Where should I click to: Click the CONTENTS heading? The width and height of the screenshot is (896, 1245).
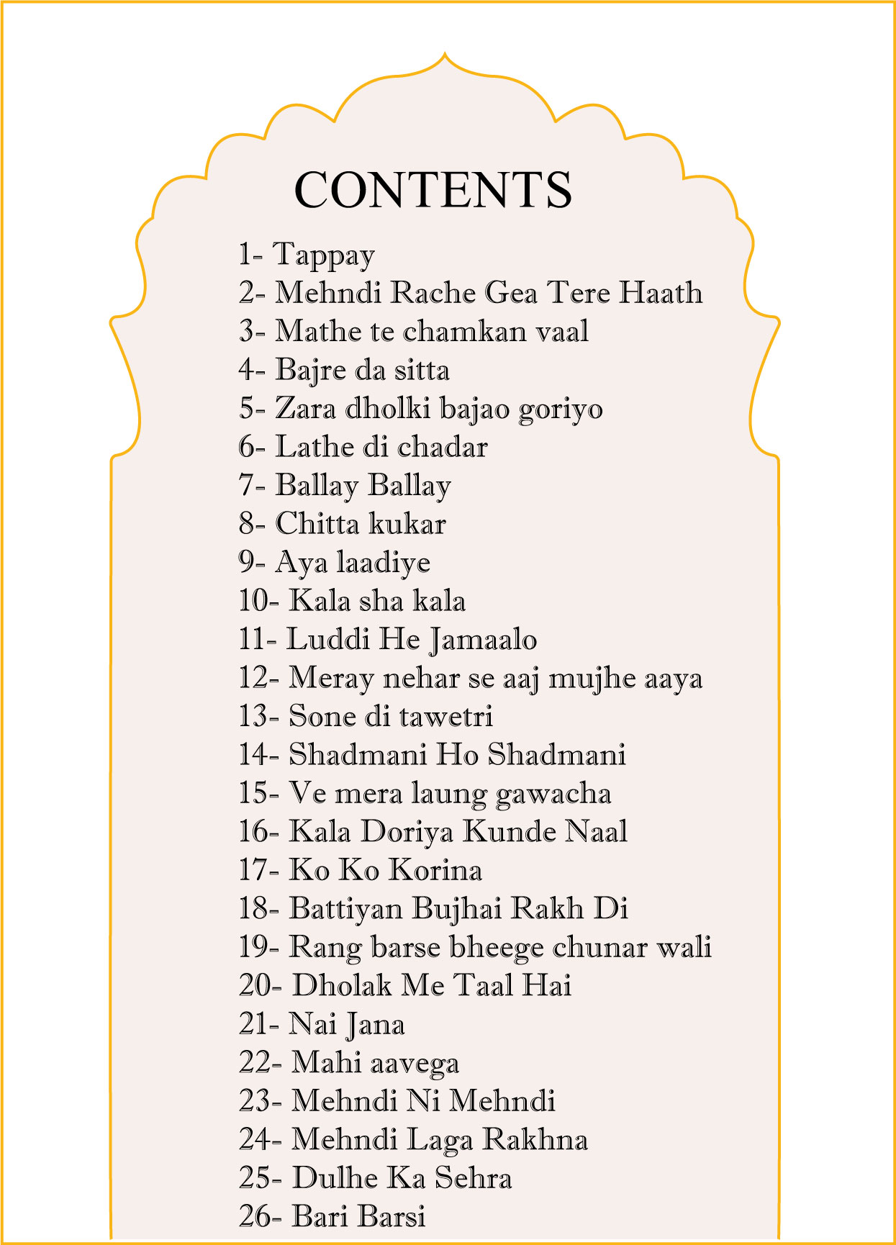click(x=433, y=190)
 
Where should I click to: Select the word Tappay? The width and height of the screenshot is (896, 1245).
click(x=324, y=255)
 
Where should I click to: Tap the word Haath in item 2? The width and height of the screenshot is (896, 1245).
click(x=661, y=293)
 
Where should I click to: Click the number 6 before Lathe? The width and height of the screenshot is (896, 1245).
click(x=247, y=448)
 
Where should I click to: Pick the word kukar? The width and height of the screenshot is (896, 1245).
click(x=407, y=524)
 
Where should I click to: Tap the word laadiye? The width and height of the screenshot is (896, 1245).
click(x=383, y=563)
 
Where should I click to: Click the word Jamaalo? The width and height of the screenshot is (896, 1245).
click(x=483, y=640)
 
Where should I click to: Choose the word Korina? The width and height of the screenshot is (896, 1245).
click(x=435, y=871)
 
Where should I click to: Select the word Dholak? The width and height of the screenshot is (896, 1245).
click(x=342, y=986)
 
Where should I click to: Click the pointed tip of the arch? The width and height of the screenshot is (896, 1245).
click(x=445, y=54)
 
